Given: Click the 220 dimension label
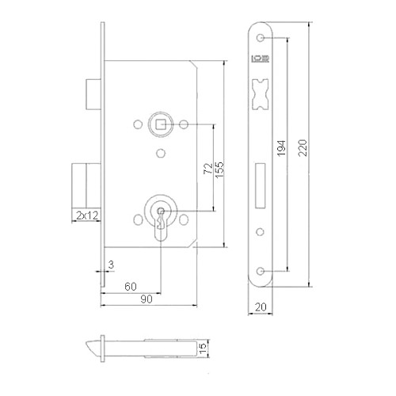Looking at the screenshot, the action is pyautogui.click(x=303, y=148).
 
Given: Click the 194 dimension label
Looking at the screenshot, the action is pyautogui.click(x=281, y=148).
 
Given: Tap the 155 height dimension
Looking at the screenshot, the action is pyautogui.click(x=219, y=169).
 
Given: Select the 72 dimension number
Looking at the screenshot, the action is pyautogui.click(x=208, y=169).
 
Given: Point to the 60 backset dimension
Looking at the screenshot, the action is pyautogui.click(x=131, y=287).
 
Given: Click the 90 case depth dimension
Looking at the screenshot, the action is pyautogui.click(x=147, y=299).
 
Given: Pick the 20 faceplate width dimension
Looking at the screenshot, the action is pyautogui.click(x=261, y=307).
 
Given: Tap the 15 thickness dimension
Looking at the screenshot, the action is pyautogui.click(x=203, y=348).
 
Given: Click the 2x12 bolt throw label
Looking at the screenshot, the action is pyautogui.click(x=87, y=215).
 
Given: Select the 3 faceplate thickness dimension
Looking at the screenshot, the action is pyautogui.click(x=111, y=265).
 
